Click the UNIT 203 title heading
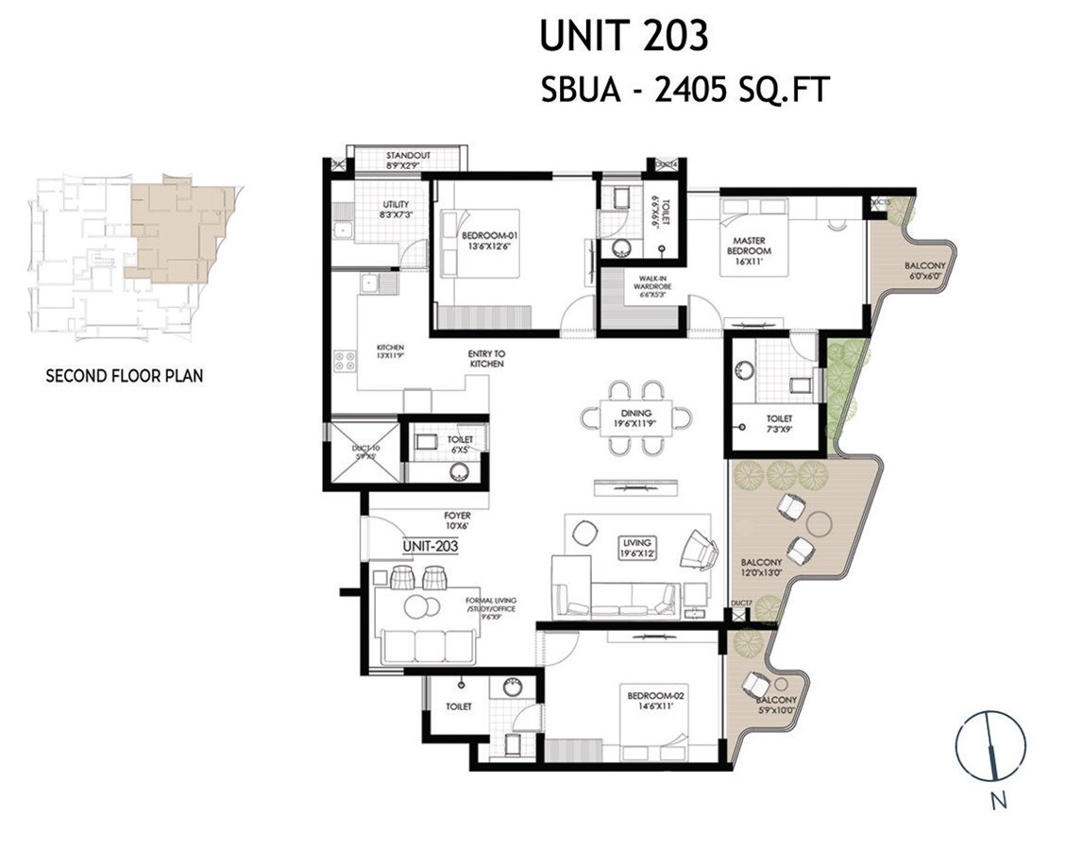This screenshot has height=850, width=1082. [623, 36]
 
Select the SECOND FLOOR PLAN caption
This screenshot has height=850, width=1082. [125, 375]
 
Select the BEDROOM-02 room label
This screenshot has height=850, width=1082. [654, 700]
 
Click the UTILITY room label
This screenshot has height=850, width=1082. [395, 210]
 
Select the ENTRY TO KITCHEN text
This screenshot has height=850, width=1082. [485, 358]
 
